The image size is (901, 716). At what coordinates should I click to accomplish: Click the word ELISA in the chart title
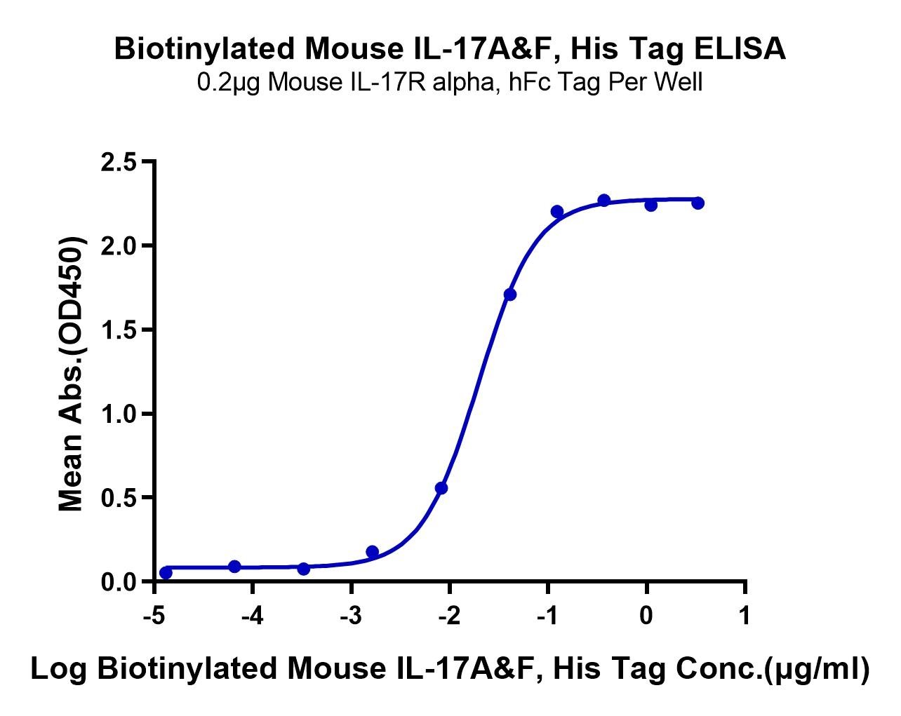tap(740, 48)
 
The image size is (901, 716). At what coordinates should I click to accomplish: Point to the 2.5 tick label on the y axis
tap(119, 162)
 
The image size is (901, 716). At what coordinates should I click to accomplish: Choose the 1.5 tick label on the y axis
tap(119, 330)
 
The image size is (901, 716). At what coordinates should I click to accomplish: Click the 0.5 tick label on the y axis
tap(119, 498)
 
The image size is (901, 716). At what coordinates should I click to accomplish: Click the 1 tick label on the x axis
tap(745, 616)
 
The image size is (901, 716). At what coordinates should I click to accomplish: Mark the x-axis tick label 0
tap(646, 616)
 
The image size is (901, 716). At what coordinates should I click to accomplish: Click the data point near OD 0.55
tap(441, 488)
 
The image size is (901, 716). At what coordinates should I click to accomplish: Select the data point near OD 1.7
tap(510, 295)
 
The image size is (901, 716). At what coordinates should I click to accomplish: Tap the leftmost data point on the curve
tap(166, 572)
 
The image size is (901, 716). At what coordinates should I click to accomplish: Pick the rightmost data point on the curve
tap(698, 203)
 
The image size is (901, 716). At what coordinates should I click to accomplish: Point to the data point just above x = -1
tap(557, 212)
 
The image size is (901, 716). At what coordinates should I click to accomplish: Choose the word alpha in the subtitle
tap(462, 83)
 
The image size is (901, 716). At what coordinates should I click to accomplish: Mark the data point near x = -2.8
tap(372, 552)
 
